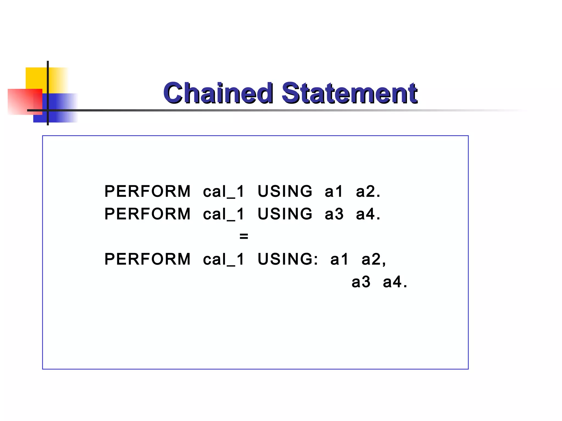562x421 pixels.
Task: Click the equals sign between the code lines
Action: point(244,236)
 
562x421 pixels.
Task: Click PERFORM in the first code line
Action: point(147,191)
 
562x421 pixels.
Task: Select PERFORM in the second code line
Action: point(147,214)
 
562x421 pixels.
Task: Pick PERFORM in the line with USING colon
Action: point(147,259)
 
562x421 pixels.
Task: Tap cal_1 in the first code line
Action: point(223,191)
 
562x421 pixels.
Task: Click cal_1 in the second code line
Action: point(223,214)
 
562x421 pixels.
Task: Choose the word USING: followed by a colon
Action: point(288,259)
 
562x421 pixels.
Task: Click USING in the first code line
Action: point(285,191)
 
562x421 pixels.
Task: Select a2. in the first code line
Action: point(368,191)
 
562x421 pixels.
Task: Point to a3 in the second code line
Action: point(334,214)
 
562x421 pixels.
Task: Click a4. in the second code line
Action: point(368,214)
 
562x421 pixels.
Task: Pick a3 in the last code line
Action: point(361,282)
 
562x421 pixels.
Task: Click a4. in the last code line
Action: point(395,282)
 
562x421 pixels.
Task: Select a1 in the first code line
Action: point(334,191)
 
